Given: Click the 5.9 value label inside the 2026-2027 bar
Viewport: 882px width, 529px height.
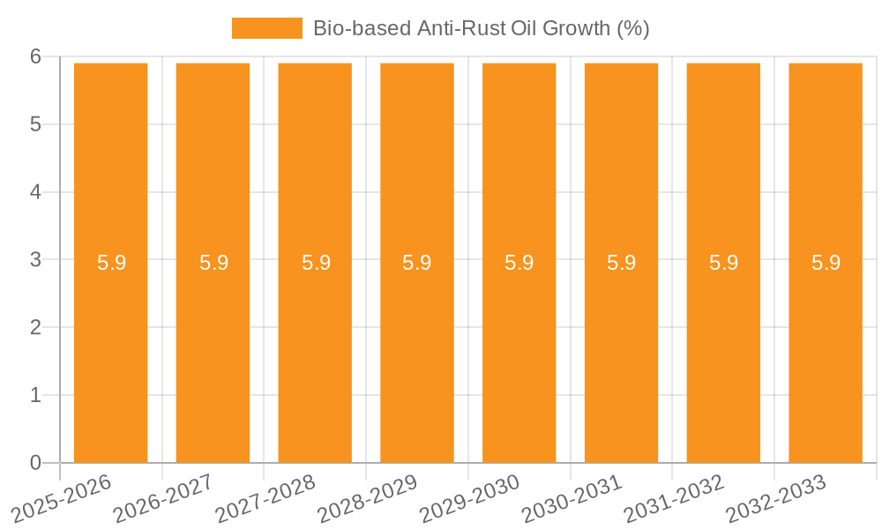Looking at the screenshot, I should (213, 263).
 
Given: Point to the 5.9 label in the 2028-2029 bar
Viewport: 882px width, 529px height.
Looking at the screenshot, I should (417, 263).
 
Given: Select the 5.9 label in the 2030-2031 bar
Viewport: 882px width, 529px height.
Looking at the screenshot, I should (621, 263).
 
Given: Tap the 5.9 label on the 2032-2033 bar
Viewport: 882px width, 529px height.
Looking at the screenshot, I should (826, 263).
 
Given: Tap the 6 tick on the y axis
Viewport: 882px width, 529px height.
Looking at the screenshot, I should (35, 56).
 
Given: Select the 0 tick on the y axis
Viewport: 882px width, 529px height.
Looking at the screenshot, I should (35, 463).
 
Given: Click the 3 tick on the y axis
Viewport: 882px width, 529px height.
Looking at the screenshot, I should (35, 260).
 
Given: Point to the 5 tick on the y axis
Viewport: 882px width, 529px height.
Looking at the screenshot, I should (35, 124).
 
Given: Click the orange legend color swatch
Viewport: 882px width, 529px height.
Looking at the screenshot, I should (266, 28).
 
